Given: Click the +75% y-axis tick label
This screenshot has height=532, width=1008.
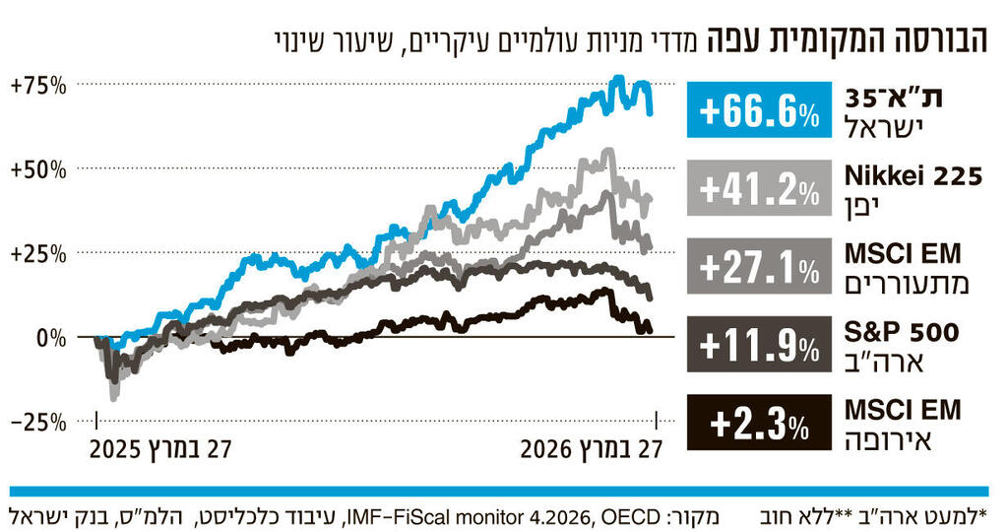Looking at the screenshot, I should [x=38, y=86].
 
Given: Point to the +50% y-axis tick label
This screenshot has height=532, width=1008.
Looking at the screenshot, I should [x=38, y=169].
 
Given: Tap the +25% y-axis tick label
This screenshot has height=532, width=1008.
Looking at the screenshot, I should [x=38, y=253].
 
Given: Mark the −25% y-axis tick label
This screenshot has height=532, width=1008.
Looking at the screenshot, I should [x=38, y=422].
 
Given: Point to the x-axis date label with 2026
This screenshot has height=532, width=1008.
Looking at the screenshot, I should [x=591, y=449].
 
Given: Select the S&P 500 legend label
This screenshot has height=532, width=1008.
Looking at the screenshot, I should [x=913, y=332].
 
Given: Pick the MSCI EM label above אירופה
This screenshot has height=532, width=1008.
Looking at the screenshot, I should [x=903, y=409].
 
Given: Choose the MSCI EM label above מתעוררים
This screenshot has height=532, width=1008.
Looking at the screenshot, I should [x=903, y=254].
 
